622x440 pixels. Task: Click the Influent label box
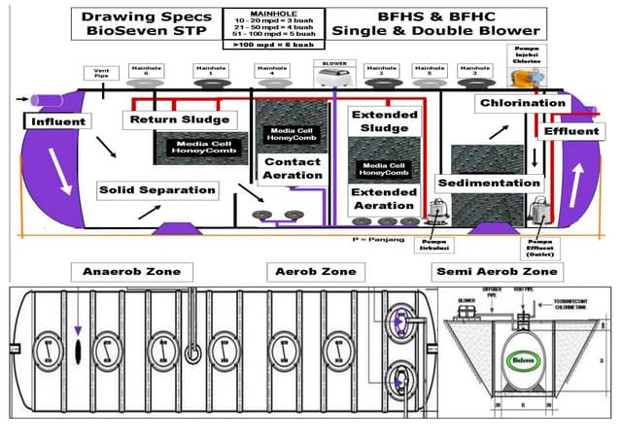(58, 122)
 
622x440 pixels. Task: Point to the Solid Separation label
(156, 190)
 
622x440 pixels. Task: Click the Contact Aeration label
(293, 169)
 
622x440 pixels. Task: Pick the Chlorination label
(522, 103)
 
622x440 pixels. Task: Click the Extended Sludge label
(384, 121)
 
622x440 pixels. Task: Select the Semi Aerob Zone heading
(498, 272)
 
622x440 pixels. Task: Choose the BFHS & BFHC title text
(419, 24)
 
